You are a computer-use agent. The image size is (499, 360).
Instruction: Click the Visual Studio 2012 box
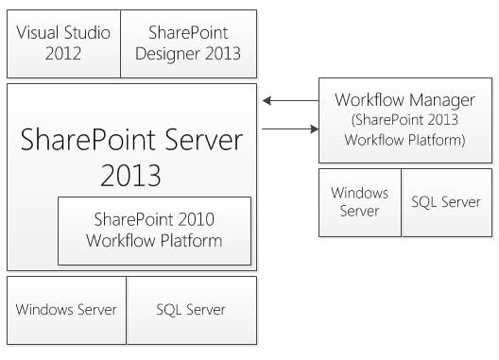64,43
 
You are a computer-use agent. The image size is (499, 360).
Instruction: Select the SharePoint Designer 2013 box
188,43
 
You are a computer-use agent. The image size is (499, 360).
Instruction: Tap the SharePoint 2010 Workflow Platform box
154,231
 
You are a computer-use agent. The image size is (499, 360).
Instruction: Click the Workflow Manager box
405,122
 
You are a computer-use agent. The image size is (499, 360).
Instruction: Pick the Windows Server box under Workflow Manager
360,202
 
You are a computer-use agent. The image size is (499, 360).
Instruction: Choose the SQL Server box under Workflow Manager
447,202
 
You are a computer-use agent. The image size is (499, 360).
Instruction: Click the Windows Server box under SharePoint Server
66,309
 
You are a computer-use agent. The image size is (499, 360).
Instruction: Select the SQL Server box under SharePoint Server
190,309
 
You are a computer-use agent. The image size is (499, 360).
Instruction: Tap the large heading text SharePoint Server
131,143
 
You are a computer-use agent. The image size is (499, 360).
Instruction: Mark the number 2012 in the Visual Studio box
64,53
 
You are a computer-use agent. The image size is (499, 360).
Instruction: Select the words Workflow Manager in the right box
405,100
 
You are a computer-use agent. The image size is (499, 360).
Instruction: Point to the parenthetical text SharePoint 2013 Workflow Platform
405,129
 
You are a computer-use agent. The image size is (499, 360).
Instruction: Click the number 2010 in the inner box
196,220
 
